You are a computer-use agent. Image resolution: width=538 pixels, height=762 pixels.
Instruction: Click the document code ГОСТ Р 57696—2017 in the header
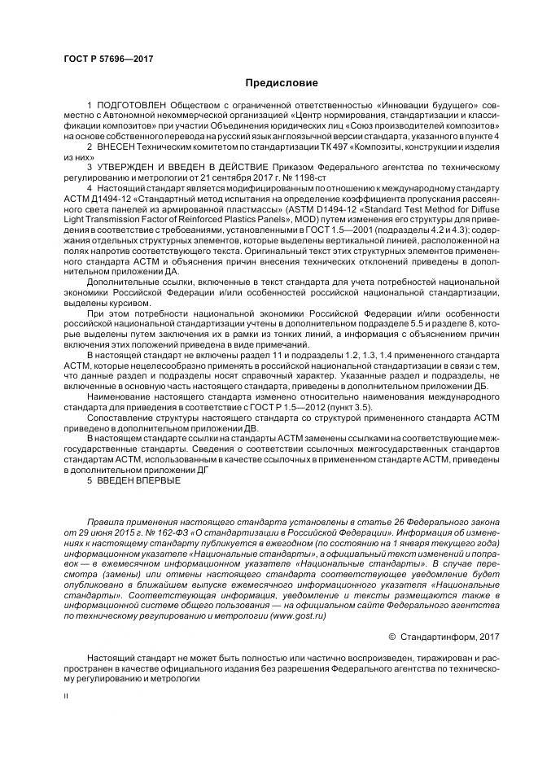pyautogui.click(x=108, y=59)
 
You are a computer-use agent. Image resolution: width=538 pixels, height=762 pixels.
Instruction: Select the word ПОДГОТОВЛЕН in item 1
pyautogui.click(x=129, y=106)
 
